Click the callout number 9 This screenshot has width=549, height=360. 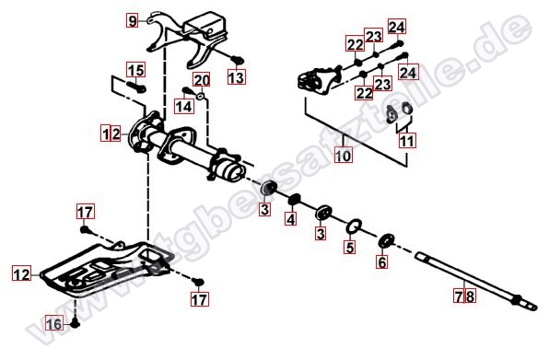(x=132, y=20)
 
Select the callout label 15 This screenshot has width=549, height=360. (x=135, y=70)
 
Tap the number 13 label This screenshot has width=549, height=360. (x=237, y=76)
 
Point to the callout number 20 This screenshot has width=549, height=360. (x=202, y=80)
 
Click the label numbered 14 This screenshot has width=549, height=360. (x=184, y=106)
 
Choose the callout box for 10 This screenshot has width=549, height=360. (x=343, y=155)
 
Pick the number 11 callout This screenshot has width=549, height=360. (x=407, y=141)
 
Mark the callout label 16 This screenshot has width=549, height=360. (x=54, y=323)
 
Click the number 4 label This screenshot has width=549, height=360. (x=290, y=219)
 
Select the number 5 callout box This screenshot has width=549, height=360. (x=350, y=247)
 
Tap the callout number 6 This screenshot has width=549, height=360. (x=382, y=261)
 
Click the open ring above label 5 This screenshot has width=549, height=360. (x=354, y=226)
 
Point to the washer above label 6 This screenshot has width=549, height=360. (x=387, y=240)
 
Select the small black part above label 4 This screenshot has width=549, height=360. (x=295, y=199)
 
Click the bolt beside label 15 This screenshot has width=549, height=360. (x=134, y=87)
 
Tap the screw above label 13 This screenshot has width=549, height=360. (x=237, y=60)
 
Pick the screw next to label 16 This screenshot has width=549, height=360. (x=76, y=323)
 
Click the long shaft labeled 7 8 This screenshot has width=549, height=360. (x=476, y=282)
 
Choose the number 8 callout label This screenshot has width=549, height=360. (x=470, y=296)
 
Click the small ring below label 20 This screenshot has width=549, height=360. (x=200, y=96)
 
